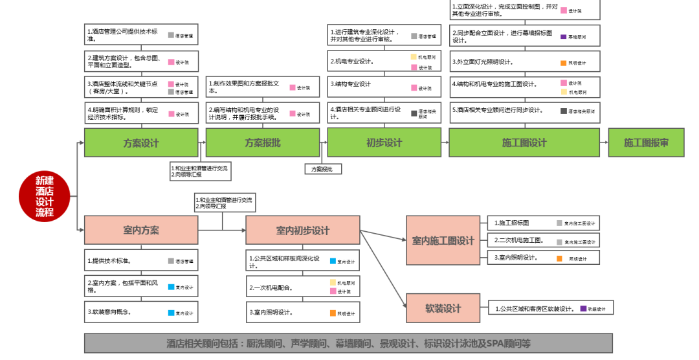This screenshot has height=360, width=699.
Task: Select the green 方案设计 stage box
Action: [141, 142]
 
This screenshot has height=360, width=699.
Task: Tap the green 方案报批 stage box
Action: [263, 142]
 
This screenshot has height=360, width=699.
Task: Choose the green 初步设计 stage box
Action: [384, 142]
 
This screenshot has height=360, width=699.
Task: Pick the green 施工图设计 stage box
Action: [525, 142]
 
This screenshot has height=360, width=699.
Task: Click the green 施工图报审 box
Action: [646, 142]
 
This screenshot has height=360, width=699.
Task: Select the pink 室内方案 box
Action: [141, 230]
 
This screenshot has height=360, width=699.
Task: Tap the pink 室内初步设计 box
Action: [303, 231]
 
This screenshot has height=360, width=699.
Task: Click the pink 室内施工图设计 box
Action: [443, 240]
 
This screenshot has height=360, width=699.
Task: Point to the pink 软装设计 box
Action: [443, 308]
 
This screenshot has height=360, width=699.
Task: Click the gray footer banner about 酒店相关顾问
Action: [348, 343]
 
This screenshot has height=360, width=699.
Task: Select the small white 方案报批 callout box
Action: [323, 168]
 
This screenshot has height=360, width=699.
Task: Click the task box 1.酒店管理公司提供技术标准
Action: [141, 34]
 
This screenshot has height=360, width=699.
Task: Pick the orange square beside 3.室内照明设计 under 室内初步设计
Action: [333, 313]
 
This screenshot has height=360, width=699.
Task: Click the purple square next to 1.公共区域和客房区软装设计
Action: [583, 309]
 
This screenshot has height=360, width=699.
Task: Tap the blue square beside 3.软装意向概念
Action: [171, 313]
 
